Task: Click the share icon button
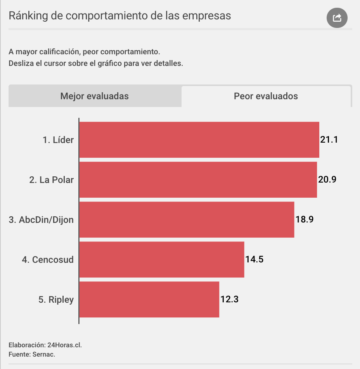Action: (x=337, y=18)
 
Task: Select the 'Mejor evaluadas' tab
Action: (x=95, y=96)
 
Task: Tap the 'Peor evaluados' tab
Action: (x=266, y=96)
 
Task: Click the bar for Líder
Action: (x=199, y=140)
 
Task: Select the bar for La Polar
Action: (x=198, y=180)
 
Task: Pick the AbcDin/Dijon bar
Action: (x=187, y=220)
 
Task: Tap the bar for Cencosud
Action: (x=162, y=260)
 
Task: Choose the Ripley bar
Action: (x=149, y=300)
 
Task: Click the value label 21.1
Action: (x=329, y=140)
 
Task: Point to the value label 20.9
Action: (x=327, y=180)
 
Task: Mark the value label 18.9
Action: (x=305, y=220)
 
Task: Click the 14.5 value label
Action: (x=254, y=260)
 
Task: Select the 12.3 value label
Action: (x=229, y=300)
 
